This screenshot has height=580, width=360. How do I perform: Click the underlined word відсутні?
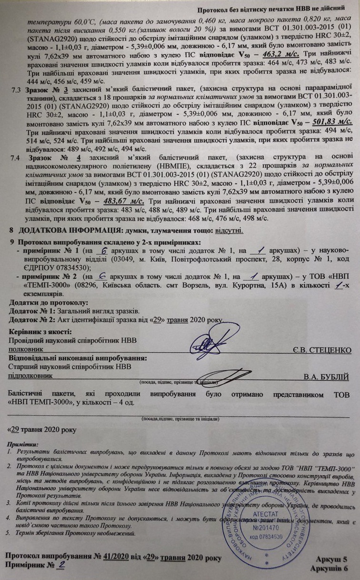tap(230, 231)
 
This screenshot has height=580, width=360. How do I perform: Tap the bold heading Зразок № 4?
tap(57, 157)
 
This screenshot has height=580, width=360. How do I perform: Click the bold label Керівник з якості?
tap(41, 331)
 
